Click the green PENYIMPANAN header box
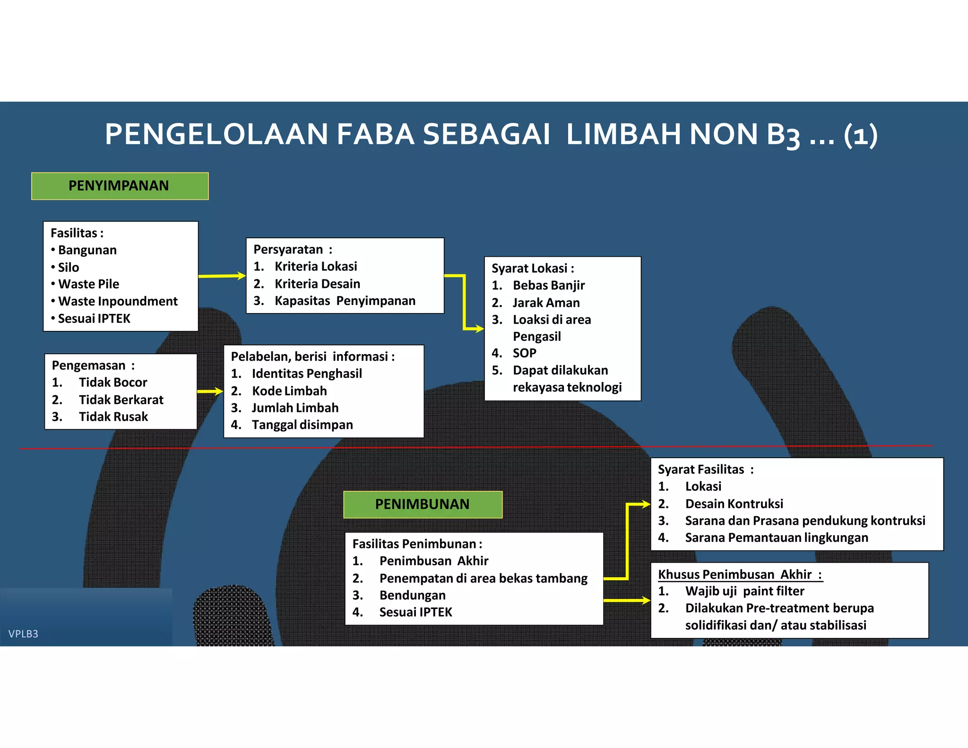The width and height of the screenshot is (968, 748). coord(120,186)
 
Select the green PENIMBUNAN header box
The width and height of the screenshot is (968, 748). coord(423,504)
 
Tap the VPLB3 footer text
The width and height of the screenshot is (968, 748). coord(23,634)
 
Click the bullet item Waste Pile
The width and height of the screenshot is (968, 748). coord(88,284)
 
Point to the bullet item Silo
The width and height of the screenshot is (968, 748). coord(69,267)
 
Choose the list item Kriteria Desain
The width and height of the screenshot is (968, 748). coord(317,284)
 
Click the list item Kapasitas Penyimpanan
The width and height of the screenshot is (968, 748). coord(345,301)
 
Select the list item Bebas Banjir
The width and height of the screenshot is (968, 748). coord(549,285)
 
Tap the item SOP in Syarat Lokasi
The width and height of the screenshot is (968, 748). coord(525,353)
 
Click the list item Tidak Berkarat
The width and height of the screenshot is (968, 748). coord(121,400)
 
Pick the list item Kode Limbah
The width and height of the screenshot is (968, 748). coord(289,391)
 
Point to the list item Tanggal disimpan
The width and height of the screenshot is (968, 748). coord(302,425)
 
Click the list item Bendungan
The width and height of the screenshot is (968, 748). coord(413,595)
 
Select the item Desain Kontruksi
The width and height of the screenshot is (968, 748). coord(734,504)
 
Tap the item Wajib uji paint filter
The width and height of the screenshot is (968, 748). coord(744,591)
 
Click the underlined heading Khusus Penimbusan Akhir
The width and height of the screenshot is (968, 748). coord(740,574)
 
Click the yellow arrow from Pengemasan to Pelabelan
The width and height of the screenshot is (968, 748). coord(210,391)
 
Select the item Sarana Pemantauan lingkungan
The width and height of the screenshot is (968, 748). coord(777,538)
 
